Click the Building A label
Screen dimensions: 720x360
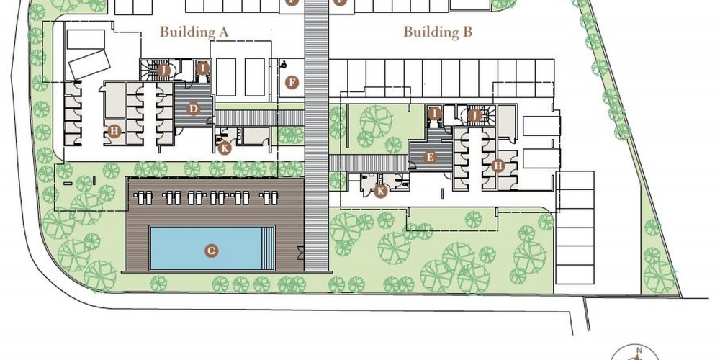pyautogui.click(x=194, y=32)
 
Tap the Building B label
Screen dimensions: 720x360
pyautogui.click(x=438, y=32)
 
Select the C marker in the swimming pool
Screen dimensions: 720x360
pyautogui.click(x=211, y=251)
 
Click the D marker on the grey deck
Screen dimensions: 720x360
pyautogui.click(x=193, y=109)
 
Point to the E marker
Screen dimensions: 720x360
pyautogui.click(x=430, y=158)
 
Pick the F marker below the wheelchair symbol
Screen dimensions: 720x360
pyautogui.click(x=291, y=83)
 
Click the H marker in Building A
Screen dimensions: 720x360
pyautogui.click(x=114, y=132)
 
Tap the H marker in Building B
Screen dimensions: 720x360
pyautogui.click(x=498, y=166)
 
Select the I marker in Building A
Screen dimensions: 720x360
pyautogui.click(x=202, y=68)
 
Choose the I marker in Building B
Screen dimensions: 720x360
pyautogui.click(x=434, y=113)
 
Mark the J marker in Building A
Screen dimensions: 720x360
pyautogui.click(x=163, y=71)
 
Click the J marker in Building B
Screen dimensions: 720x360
pyautogui.click(x=474, y=115)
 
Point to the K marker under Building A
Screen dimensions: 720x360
pyautogui.click(x=224, y=148)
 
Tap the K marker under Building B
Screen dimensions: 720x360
pyautogui.click(x=380, y=191)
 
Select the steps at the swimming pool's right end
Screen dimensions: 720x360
pyautogui.click(x=268, y=248)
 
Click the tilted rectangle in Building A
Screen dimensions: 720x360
pyautogui.click(x=89, y=65)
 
